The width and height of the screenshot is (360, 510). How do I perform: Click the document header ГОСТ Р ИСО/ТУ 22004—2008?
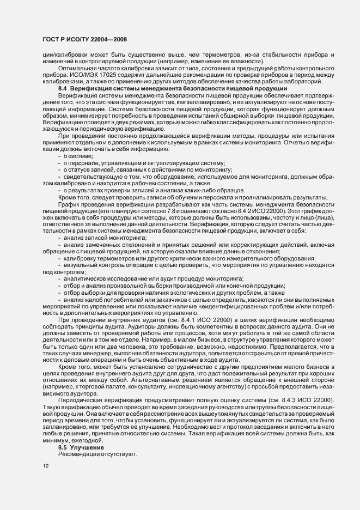pyautogui.click(x=78, y=39)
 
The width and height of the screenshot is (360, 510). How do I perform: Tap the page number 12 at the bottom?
pyautogui.click(x=45, y=465)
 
